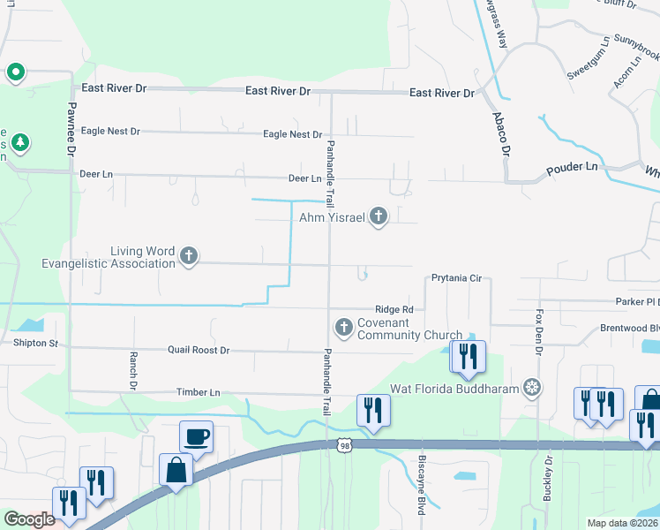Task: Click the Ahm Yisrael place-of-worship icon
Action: (379, 216)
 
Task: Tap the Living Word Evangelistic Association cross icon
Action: (187, 256)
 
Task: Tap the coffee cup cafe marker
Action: (196, 435)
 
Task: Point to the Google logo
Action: (29, 519)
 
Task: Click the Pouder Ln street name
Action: (572, 167)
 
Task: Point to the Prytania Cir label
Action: (456, 278)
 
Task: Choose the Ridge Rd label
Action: (394, 309)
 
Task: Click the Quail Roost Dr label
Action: (199, 351)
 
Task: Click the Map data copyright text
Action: (623, 523)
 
